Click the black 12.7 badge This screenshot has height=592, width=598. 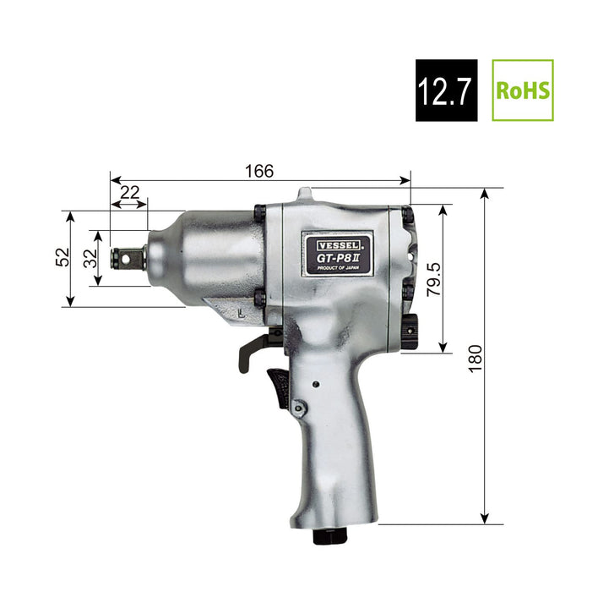[446, 90]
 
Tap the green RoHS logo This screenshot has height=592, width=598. [523, 90]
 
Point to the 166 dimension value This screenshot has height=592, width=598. [259, 171]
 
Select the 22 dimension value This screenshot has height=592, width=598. [130, 193]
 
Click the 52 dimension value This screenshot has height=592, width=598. [62, 257]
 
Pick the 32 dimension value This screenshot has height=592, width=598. [90, 258]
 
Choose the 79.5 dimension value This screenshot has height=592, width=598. [433, 279]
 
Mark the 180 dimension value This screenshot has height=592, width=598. [476, 359]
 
